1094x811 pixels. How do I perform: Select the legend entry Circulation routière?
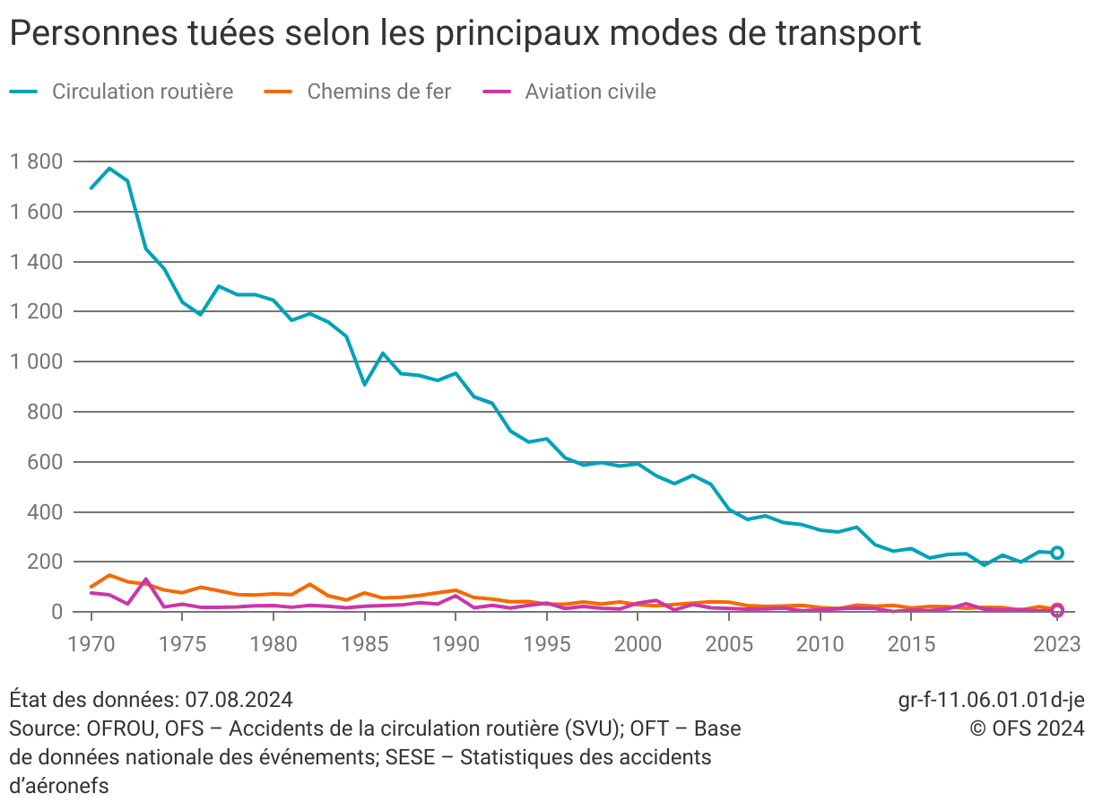coord(142,92)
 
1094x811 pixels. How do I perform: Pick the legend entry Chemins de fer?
coord(378,92)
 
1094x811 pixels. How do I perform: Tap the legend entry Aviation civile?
coord(590,92)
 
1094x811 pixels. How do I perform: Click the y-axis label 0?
coord(56,613)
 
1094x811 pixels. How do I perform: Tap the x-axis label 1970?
coord(91,643)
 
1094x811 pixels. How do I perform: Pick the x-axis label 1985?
coord(364,643)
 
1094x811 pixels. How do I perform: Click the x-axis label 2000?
coord(638,643)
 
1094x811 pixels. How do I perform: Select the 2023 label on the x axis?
coord(1056,643)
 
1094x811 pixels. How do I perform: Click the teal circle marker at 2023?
coord(1057,553)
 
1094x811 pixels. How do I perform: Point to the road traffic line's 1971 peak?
coord(109,168)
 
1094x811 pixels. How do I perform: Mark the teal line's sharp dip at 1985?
coord(364,384)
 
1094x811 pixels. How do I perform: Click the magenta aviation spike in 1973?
coord(146,580)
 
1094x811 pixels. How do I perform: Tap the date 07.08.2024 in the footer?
coord(239,700)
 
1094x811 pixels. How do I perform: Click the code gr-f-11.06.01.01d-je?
coord(991,700)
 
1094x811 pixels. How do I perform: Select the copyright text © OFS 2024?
coord(1028,728)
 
